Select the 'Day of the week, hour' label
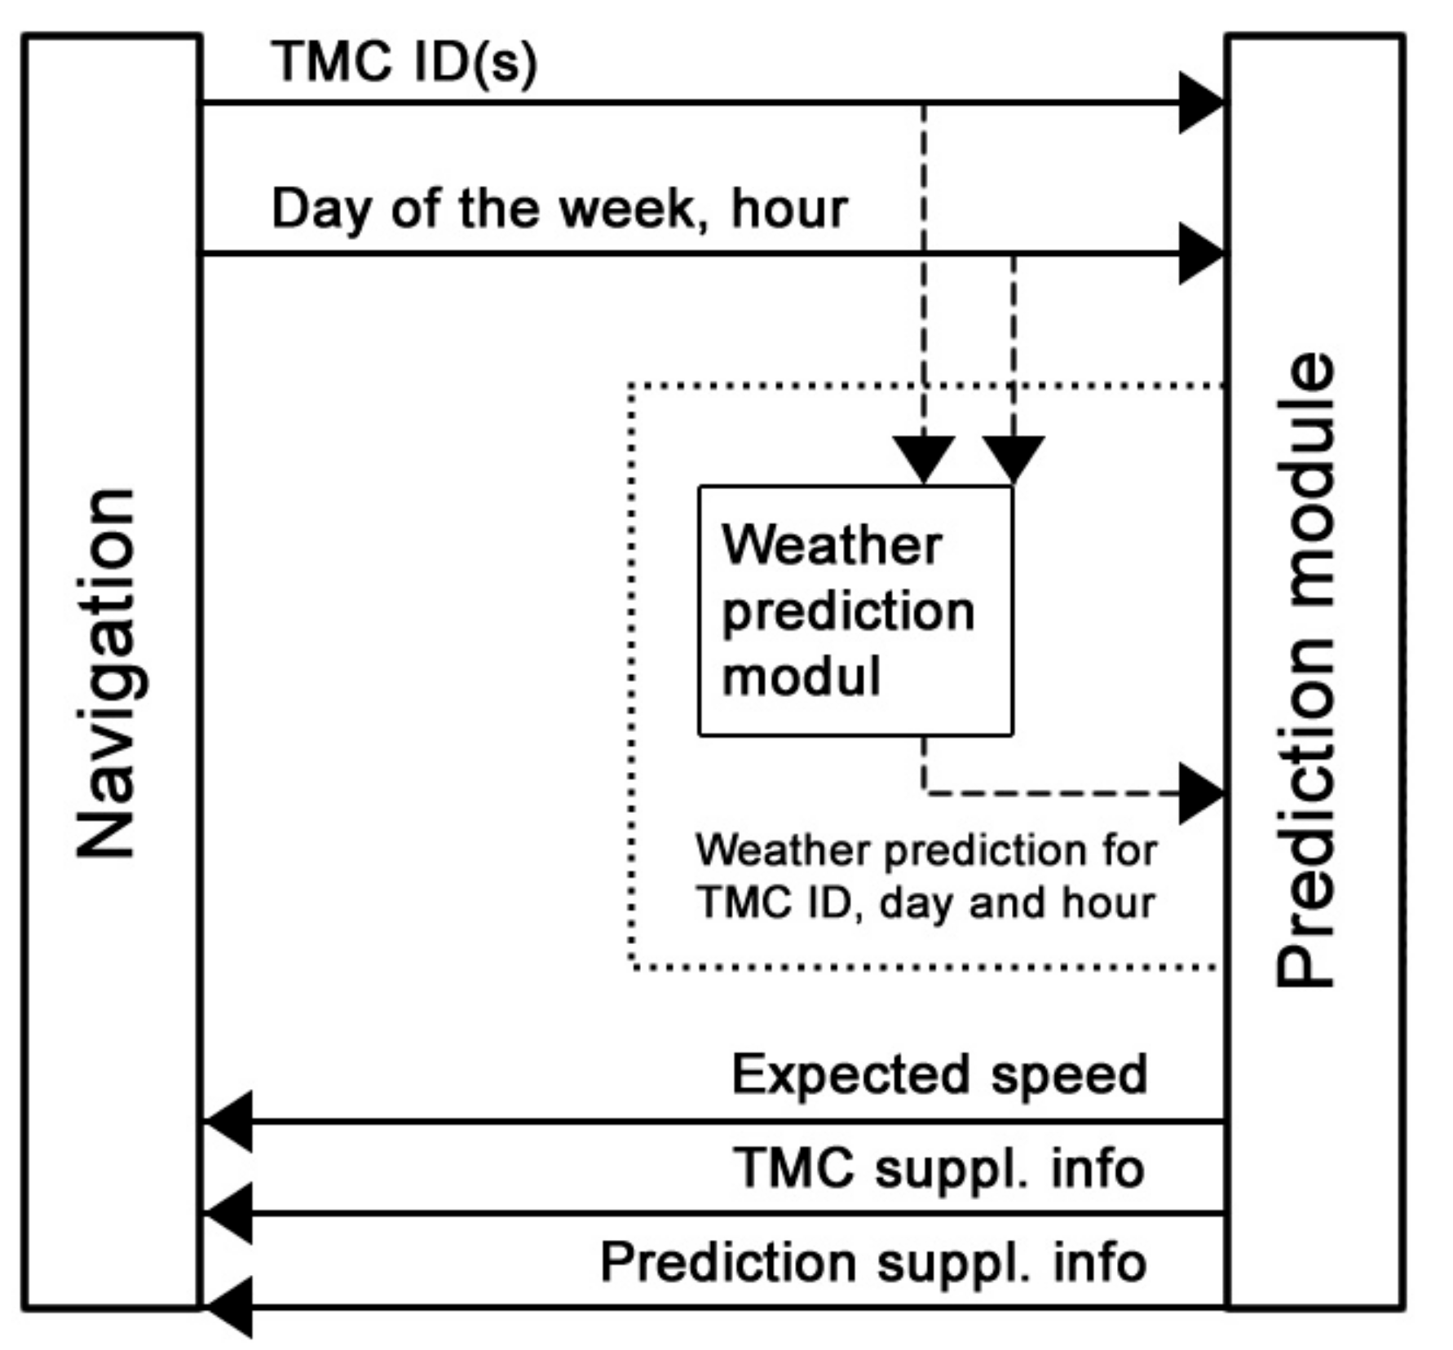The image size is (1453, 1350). point(559,209)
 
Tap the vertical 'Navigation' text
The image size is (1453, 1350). point(106,673)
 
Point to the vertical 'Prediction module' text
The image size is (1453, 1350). point(1306,670)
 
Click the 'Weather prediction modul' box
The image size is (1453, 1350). point(855,611)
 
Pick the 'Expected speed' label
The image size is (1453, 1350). point(939,1074)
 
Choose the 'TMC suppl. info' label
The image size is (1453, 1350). point(939,1167)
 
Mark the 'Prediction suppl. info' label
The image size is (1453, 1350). point(873,1262)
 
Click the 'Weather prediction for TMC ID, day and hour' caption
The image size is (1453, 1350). point(926,876)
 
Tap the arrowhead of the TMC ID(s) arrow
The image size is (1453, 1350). point(1200,103)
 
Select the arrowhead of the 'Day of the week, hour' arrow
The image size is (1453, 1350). point(1200,254)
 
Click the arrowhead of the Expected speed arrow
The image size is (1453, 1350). point(229,1121)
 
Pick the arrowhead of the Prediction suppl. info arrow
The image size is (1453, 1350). point(229,1307)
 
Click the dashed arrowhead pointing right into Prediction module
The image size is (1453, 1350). point(1200,792)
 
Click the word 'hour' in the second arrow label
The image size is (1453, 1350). point(789,209)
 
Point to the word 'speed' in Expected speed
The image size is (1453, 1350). point(1069,1074)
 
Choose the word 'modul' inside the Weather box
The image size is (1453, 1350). point(801,677)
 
